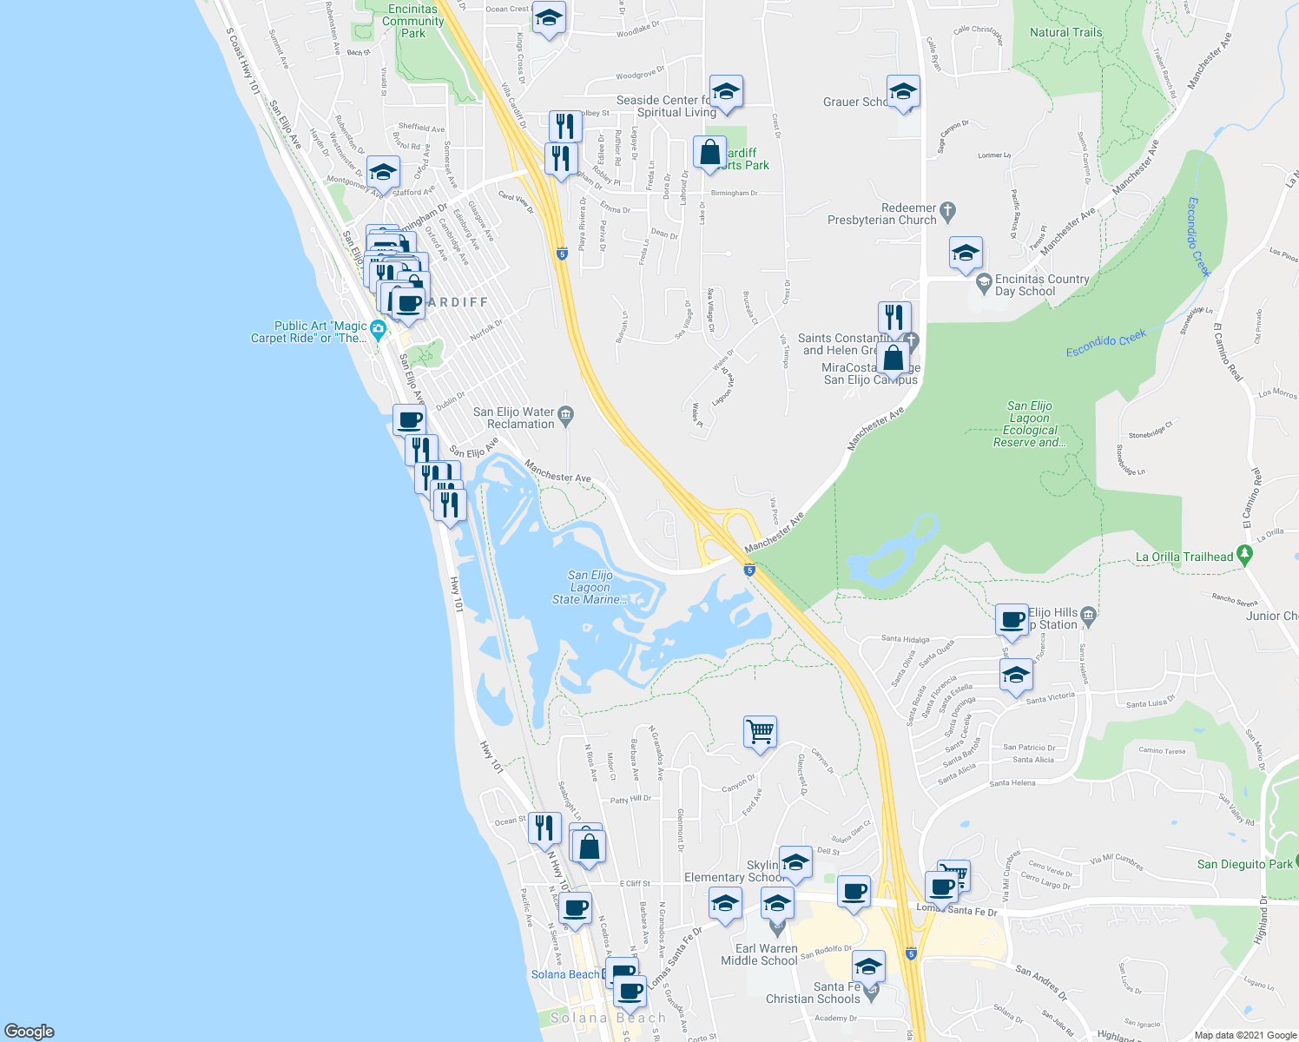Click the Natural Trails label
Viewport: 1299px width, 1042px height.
(x=1065, y=32)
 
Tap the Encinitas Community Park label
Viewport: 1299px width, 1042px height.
(x=412, y=21)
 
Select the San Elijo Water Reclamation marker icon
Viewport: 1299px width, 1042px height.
(x=566, y=413)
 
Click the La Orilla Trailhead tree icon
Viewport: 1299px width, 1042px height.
(x=1244, y=553)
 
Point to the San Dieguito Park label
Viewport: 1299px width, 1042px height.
(x=1244, y=864)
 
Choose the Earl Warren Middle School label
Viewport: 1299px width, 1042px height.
(x=759, y=954)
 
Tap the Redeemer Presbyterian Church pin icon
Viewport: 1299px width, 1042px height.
(x=947, y=210)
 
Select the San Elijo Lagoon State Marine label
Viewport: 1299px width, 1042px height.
(x=590, y=587)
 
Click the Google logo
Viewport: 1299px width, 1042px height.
(x=30, y=1032)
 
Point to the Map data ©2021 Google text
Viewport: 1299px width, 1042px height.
(x=1243, y=1035)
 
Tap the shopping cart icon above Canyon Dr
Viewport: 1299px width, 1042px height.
(x=760, y=731)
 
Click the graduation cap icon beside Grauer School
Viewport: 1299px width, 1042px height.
(x=903, y=91)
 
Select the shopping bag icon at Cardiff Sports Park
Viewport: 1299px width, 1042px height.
(x=709, y=152)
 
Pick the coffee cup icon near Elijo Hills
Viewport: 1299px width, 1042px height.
(x=1012, y=619)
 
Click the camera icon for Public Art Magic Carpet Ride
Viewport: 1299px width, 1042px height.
(x=377, y=328)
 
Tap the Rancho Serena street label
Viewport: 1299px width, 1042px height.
(x=1235, y=600)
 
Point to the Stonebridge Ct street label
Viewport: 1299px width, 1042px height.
(x=1150, y=429)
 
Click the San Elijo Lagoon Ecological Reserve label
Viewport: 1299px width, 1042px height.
(x=1030, y=424)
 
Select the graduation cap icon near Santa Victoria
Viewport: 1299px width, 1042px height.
(x=1016, y=675)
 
